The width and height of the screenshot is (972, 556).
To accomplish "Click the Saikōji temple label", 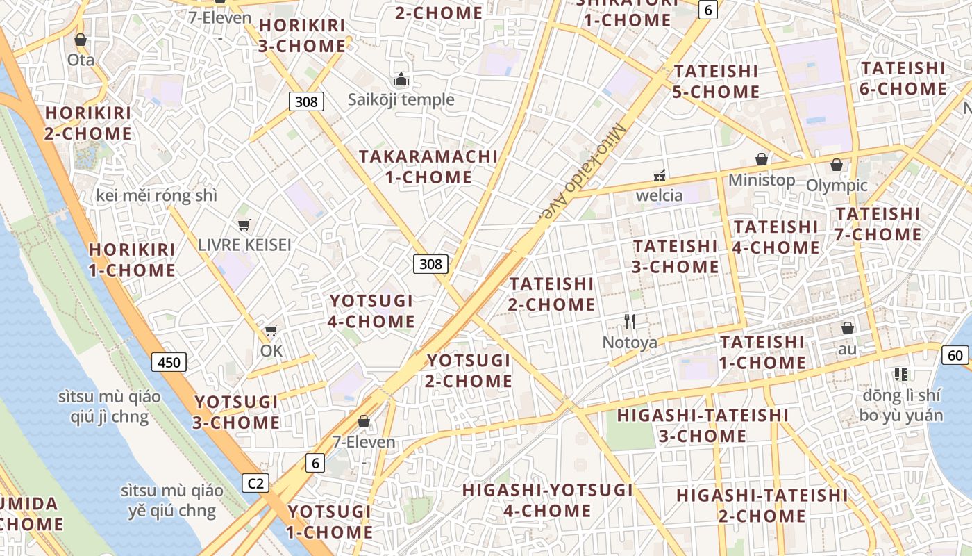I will (x=401, y=99).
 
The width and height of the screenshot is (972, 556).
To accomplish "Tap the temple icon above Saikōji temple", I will (x=401, y=80).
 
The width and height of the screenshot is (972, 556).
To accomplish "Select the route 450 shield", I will (x=169, y=362).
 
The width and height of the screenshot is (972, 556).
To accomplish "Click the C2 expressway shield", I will (x=255, y=483).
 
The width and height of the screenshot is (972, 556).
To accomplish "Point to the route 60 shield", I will (x=955, y=356).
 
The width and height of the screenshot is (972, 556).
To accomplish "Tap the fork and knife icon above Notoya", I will (x=630, y=321).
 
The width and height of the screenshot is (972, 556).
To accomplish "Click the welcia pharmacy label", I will (x=659, y=195).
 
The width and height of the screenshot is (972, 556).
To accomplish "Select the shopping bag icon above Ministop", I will (x=762, y=159).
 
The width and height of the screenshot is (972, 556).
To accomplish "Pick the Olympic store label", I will (x=837, y=186).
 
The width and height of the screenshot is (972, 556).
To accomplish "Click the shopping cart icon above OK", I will (x=271, y=330).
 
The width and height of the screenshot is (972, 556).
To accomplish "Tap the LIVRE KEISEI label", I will (x=244, y=245).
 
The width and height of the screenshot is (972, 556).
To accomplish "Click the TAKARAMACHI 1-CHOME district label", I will (x=428, y=167).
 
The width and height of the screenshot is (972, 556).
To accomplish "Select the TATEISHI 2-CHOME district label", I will (x=552, y=294).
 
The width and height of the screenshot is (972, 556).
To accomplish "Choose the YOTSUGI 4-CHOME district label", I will (x=371, y=311).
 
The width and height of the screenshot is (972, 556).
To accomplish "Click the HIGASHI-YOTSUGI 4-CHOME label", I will (x=547, y=500).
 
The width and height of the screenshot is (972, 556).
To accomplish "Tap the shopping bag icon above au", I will (x=847, y=328).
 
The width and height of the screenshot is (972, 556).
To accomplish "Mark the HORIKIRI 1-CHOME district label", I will (x=132, y=260).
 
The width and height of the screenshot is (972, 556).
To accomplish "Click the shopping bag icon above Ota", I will (x=81, y=40).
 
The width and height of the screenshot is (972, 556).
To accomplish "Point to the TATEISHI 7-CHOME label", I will (x=878, y=224).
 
